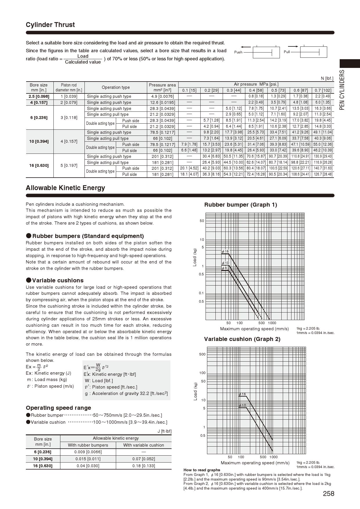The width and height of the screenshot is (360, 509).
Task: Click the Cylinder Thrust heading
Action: coord(50,25)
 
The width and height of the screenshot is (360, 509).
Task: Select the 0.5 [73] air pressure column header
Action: coord(278,90)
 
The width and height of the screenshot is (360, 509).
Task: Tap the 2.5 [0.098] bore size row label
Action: coord(39,96)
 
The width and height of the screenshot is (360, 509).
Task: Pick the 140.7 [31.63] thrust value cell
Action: coord(323,168)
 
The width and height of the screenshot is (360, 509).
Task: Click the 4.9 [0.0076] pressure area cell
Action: coord(162,96)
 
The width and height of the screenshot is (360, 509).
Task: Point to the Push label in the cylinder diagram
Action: coord(238,52)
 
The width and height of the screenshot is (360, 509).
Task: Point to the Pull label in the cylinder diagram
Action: coord(287,52)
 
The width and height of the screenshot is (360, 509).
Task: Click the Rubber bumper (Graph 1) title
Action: coord(240,205)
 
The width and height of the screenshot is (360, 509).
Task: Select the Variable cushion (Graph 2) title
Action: coord(242,339)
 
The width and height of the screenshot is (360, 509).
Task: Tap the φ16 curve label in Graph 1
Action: coord(225,251)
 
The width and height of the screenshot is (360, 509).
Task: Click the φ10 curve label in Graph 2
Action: coord(242,405)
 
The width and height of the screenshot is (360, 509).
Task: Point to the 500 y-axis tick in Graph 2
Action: coord(202,354)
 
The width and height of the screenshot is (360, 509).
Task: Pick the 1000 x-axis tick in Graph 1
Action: coord(272,323)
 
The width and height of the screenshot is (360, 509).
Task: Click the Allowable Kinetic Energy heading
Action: coord(65,188)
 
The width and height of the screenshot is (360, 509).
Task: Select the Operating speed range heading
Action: coord(58,408)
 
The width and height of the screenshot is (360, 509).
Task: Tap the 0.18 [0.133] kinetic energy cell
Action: coord(143,466)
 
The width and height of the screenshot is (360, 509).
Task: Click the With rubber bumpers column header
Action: coord(88,445)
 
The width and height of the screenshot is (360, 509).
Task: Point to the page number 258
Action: coord(328,494)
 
